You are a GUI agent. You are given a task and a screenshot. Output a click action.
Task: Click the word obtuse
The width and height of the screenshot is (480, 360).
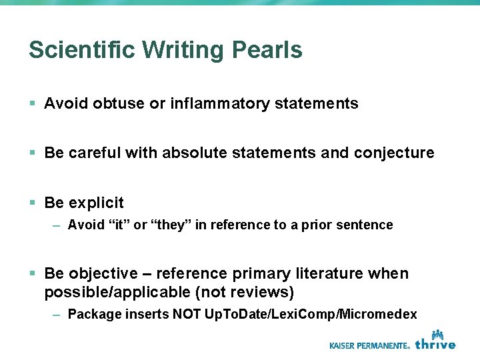pyautogui.click(x=120, y=103)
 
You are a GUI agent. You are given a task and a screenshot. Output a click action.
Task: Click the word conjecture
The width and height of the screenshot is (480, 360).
pyautogui.click(x=394, y=153)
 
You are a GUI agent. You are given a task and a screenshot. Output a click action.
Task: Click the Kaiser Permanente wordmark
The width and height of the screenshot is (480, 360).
pyautogui.click(x=369, y=345)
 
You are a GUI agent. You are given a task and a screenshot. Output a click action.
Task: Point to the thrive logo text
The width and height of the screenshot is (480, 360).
pyautogui.click(x=435, y=345)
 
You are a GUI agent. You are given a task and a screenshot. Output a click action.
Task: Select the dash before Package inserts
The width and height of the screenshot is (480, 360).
pyautogui.click(x=57, y=314)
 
